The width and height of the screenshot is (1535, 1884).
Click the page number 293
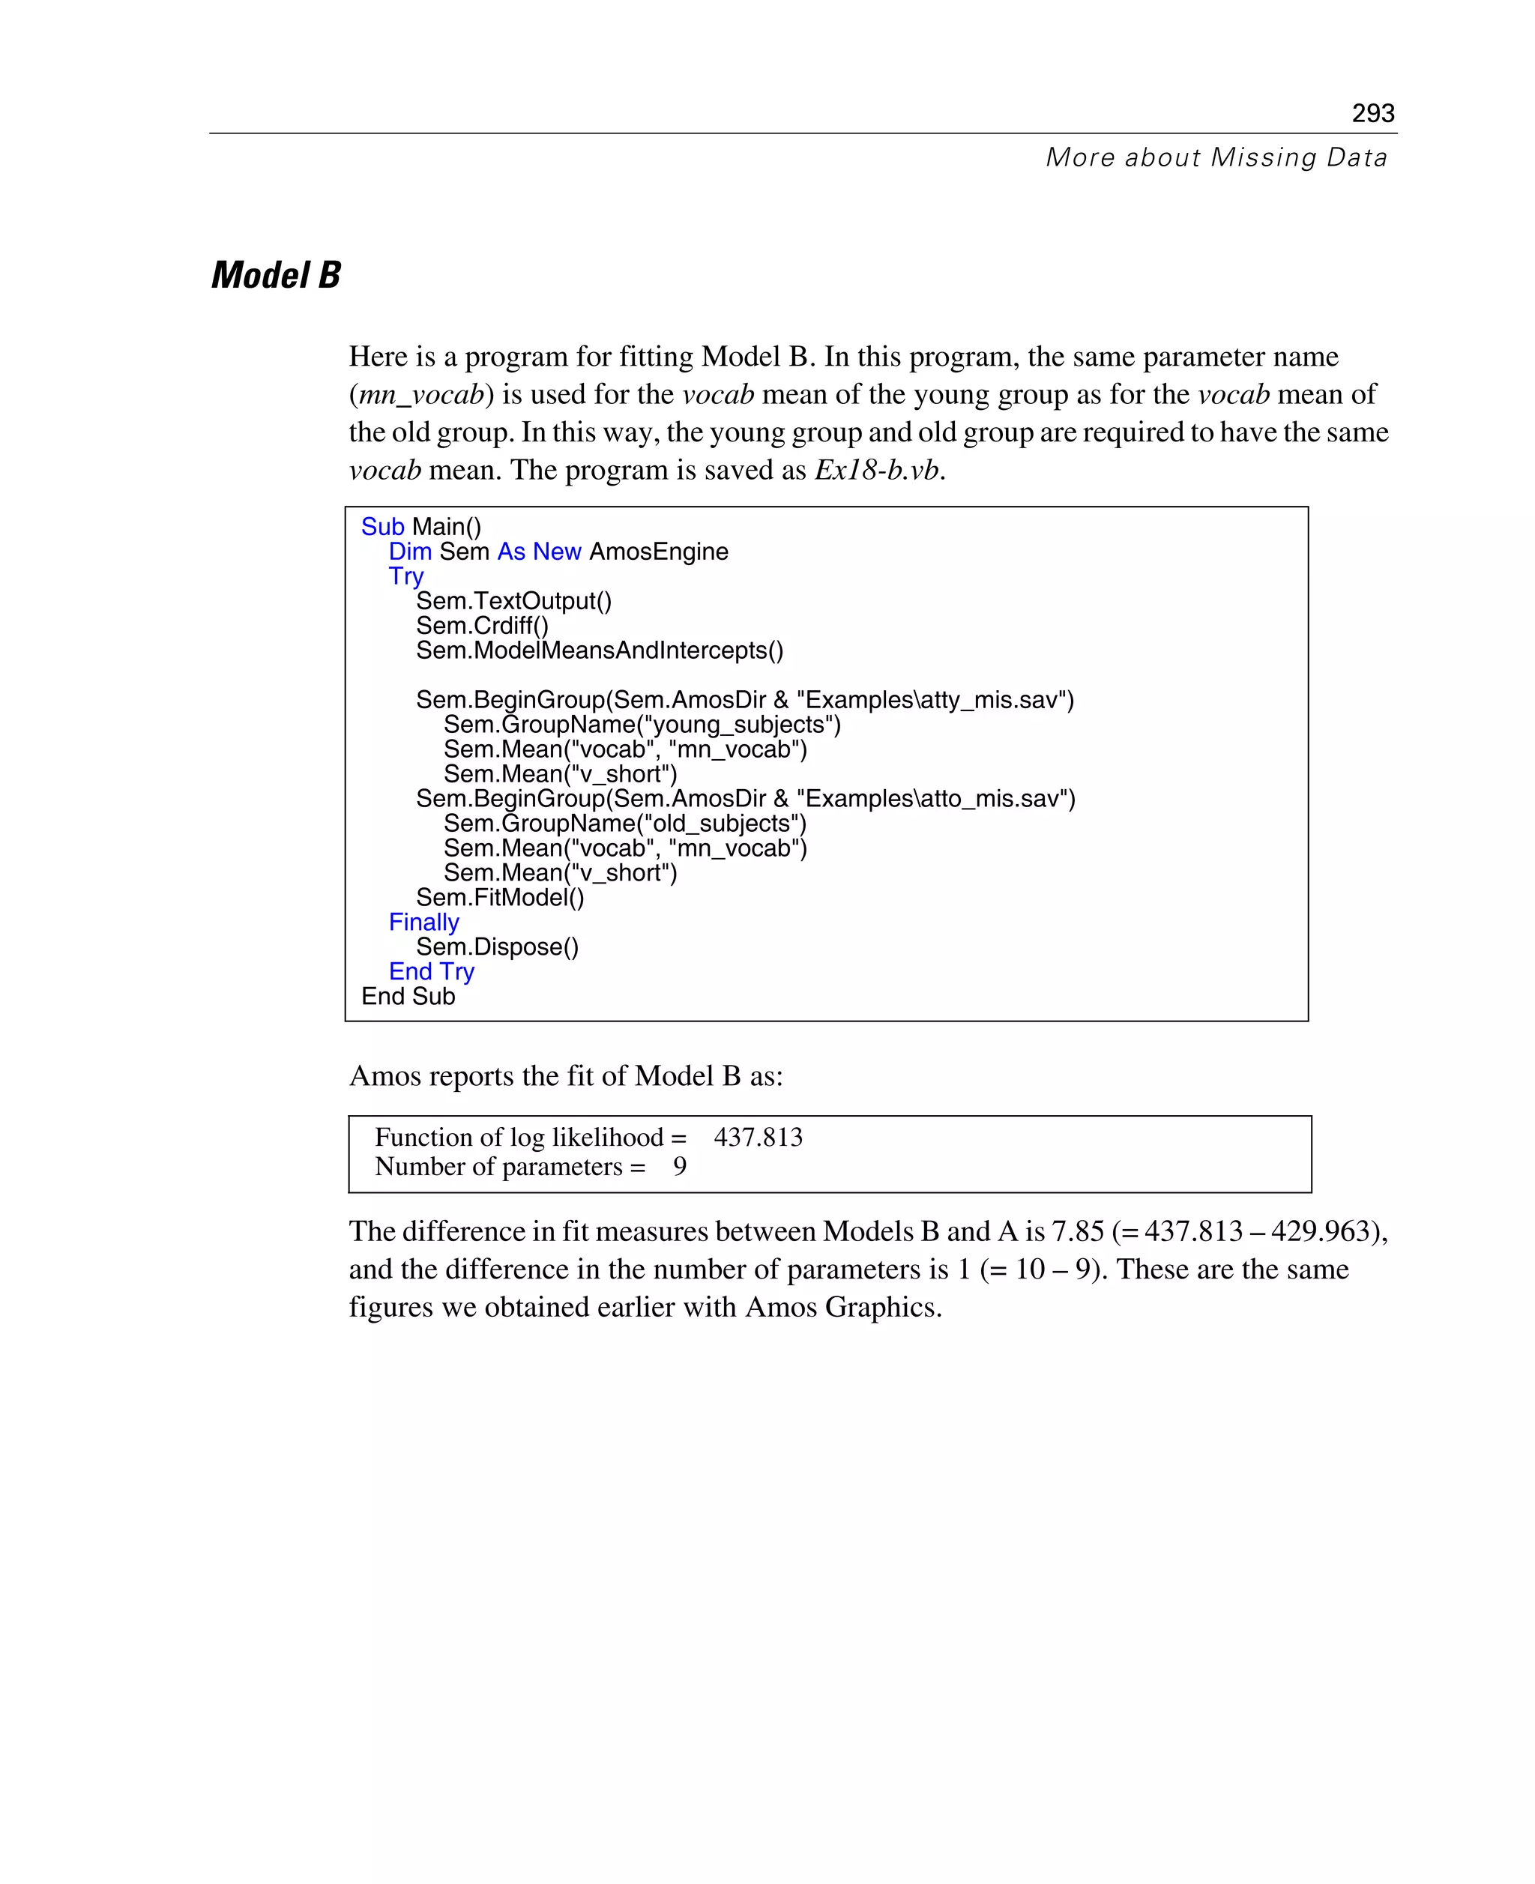click(1372, 113)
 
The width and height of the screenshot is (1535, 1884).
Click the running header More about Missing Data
click(1216, 157)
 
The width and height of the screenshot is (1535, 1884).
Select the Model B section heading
click(276, 275)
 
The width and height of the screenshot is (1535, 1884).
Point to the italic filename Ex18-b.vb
click(876, 469)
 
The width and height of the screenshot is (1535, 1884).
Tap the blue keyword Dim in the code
click(410, 552)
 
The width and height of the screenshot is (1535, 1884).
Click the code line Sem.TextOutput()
click(513, 601)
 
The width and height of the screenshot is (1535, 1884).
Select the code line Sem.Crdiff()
click(482, 626)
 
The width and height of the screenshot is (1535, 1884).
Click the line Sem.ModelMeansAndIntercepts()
click(600, 650)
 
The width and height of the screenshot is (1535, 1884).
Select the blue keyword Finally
click(423, 922)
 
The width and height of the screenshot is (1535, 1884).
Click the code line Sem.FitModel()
click(500, 899)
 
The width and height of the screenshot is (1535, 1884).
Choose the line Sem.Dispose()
click(497, 946)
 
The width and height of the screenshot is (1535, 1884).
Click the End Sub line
click(408, 997)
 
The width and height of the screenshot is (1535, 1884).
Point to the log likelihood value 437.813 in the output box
click(758, 1137)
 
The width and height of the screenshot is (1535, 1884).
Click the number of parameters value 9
click(679, 1166)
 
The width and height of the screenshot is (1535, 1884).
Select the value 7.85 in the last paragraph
click(1077, 1231)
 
